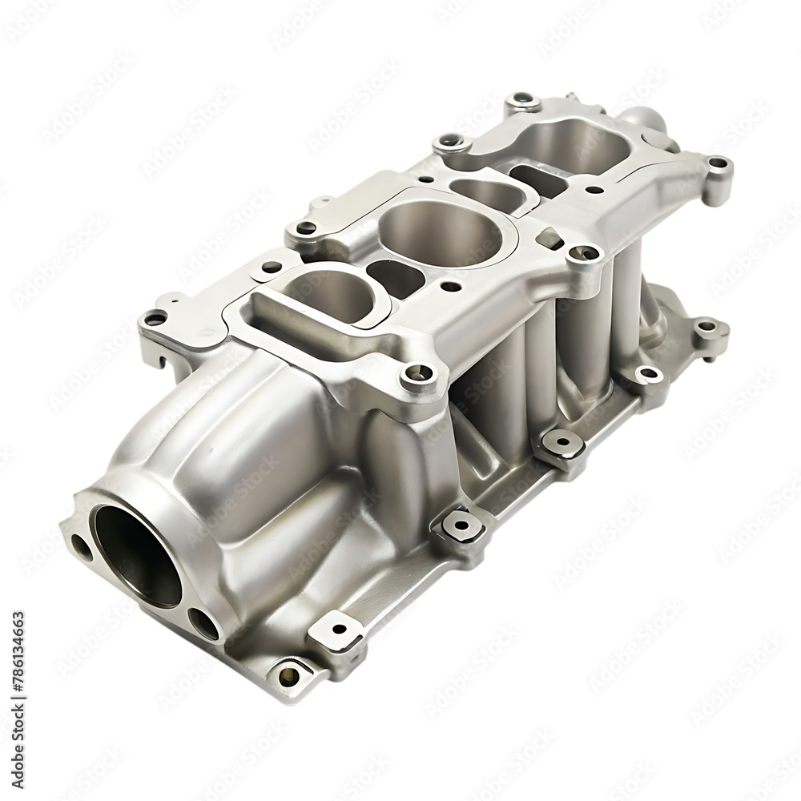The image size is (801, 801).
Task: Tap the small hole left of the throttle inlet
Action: point(81,547)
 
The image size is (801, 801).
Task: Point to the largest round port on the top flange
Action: point(440,232)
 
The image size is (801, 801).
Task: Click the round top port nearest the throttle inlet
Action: point(324,292)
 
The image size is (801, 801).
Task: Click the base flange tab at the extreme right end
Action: point(706,328)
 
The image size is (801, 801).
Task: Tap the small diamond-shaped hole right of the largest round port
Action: point(547,237)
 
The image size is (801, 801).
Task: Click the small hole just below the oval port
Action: point(451,286)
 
